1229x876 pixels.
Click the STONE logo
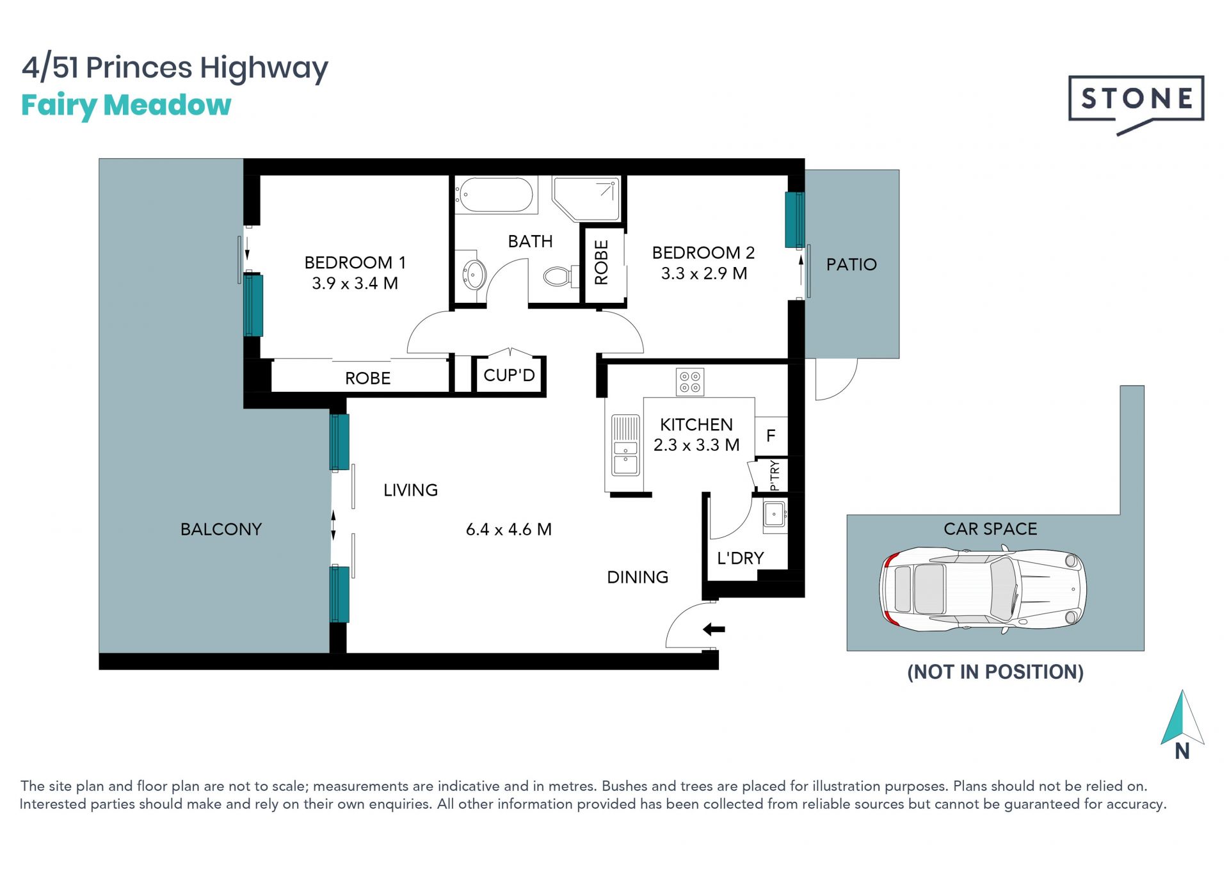pyautogui.click(x=1136, y=103)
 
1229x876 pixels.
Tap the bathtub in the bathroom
pyautogui.click(x=494, y=195)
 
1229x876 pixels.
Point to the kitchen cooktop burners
pyautogui.click(x=690, y=382)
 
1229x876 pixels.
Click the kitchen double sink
pyautogui.click(x=625, y=445)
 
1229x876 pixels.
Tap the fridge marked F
pyautogui.click(x=771, y=436)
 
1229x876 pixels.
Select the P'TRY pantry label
pyautogui.click(x=775, y=475)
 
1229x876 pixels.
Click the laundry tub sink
pyautogui.click(x=775, y=515)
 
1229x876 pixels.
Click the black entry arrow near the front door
pyautogui.click(x=714, y=629)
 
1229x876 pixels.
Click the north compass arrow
pyautogui.click(x=1182, y=717)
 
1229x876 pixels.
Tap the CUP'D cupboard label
pyautogui.click(x=509, y=375)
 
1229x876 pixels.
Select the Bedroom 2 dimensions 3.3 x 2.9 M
pyautogui.click(x=704, y=273)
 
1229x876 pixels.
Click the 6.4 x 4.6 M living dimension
pyautogui.click(x=509, y=530)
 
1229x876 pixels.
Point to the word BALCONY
pyautogui.click(x=221, y=530)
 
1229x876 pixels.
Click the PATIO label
pyautogui.click(x=851, y=264)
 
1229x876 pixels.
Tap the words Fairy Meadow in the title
pyautogui.click(x=126, y=106)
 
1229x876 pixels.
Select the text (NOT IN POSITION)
pyautogui.click(x=995, y=672)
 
